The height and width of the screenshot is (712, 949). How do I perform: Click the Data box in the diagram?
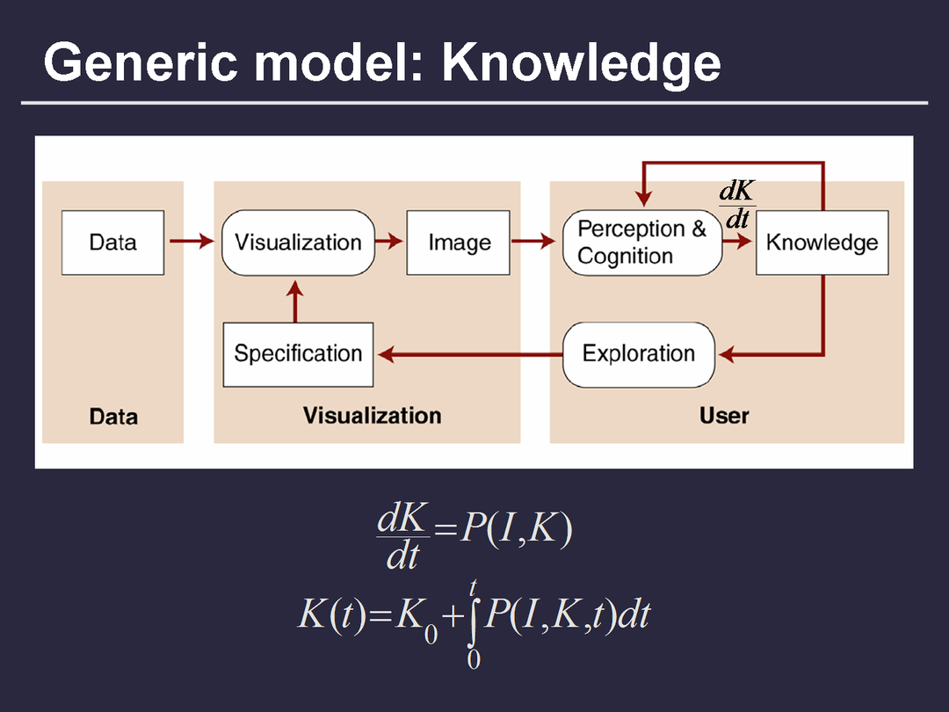click(x=112, y=242)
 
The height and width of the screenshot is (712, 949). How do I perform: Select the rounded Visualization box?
click(x=298, y=242)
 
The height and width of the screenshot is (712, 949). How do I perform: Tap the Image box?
click(x=458, y=242)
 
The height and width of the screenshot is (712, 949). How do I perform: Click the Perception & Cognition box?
click(x=641, y=242)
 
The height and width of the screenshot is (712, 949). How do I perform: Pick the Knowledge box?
click(x=822, y=242)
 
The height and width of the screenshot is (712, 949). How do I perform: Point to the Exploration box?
click(x=639, y=354)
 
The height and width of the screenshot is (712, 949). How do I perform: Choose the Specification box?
click(x=298, y=354)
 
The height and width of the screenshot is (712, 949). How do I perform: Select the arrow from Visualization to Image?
click(x=390, y=241)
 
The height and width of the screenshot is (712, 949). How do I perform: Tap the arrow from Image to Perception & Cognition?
click(x=534, y=241)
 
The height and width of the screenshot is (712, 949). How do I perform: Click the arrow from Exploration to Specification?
click(x=470, y=354)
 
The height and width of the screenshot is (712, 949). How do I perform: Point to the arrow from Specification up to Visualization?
click(x=295, y=302)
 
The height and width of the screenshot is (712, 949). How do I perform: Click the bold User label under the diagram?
click(x=724, y=415)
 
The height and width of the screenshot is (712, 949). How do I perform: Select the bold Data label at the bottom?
click(x=113, y=416)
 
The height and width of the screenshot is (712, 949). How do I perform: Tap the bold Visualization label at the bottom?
click(x=373, y=415)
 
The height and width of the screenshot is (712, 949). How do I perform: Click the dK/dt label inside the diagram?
click(x=736, y=205)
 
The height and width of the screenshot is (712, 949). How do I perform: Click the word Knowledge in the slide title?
click(x=581, y=63)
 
